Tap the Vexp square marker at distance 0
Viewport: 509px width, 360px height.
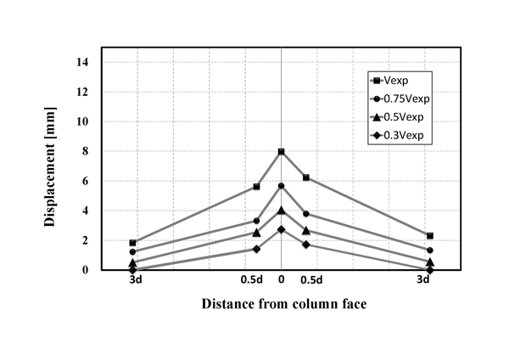(281, 151)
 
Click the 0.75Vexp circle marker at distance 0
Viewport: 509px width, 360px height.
(281, 186)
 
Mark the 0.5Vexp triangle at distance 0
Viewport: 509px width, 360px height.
(281, 210)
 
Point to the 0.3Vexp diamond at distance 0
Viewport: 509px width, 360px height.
(281, 229)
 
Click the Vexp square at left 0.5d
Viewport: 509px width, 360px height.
(256, 187)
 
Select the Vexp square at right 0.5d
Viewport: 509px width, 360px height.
(305, 177)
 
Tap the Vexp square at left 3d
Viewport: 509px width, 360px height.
(132, 243)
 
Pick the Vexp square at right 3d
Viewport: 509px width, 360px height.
(430, 236)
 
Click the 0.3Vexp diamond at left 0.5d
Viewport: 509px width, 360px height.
(256, 249)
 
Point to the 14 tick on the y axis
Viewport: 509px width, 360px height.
(87, 62)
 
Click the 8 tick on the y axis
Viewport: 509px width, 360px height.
(89, 151)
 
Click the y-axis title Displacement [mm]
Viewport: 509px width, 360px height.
(50, 166)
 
